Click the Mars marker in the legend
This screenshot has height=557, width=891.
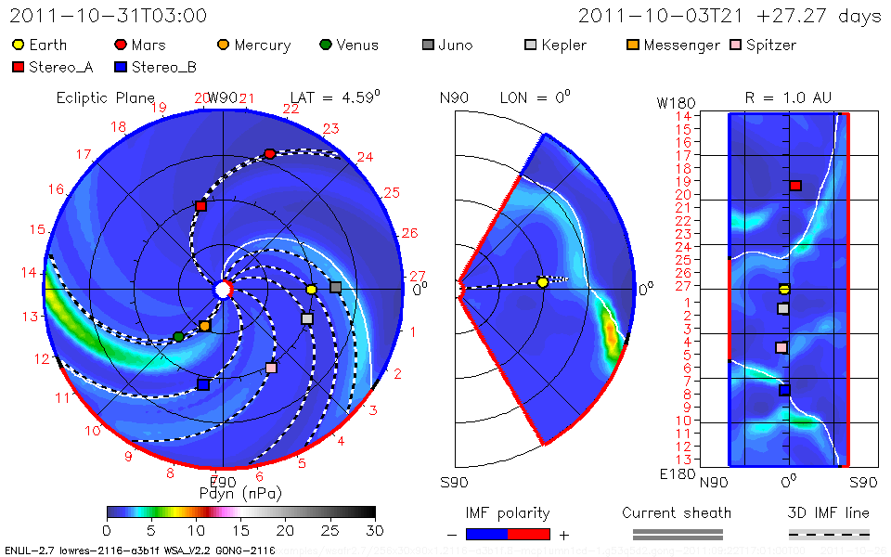click(121, 45)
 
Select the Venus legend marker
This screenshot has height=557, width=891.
click(325, 45)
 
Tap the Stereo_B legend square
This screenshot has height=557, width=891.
click(120, 67)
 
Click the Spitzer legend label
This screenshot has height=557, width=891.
click(770, 45)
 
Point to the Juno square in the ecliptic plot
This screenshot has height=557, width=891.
click(335, 288)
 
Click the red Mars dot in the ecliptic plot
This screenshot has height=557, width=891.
click(270, 153)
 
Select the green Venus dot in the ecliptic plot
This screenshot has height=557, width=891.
click(178, 336)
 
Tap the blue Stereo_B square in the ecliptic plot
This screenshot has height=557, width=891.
click(203, 384)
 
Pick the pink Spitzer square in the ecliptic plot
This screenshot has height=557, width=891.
click(271, 368)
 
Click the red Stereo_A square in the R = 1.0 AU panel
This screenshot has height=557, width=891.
click(795, 186)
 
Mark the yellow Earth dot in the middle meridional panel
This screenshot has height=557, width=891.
click(543, 282)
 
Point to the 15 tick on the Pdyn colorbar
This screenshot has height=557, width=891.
click(240, 529)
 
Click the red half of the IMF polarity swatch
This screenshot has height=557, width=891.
click(529, 534)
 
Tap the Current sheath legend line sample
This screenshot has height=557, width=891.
click(678, 534)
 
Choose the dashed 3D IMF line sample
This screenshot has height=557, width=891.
click(829, 534)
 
